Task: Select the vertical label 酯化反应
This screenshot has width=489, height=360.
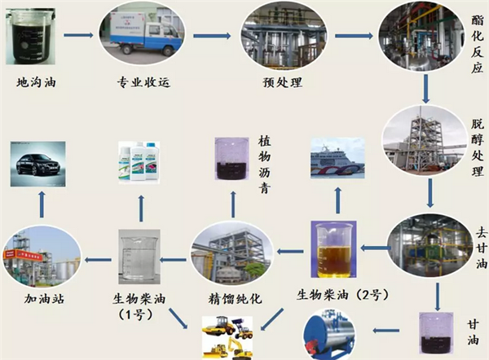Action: pos(476,50)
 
